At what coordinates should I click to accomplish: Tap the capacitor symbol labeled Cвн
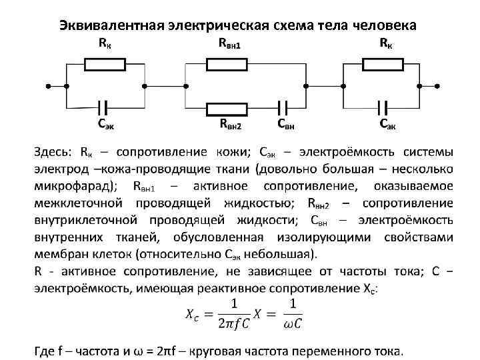click(285, 107)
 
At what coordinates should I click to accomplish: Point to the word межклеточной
click(79, 203)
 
